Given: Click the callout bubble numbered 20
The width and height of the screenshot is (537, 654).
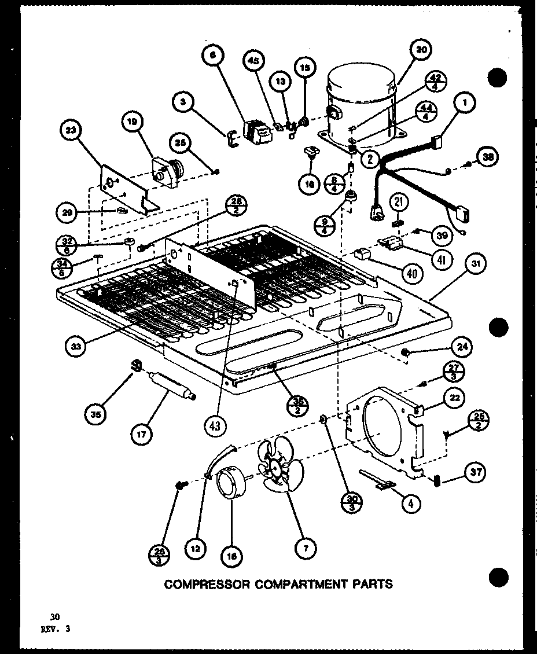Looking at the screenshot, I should pos(421,50).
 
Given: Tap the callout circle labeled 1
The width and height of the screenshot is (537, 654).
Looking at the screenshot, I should pos(465,104).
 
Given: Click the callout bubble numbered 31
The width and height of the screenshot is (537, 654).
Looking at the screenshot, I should pos(475,266).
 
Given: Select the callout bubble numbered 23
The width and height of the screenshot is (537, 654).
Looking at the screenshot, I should pos(71,131).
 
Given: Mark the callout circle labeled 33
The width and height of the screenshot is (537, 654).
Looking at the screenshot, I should pos(76,347).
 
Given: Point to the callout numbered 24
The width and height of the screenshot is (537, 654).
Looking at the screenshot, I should pos(461,348).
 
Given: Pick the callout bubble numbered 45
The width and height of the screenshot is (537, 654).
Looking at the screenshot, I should pos(254,60).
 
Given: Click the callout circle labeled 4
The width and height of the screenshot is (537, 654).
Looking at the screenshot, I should pos(411,504).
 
